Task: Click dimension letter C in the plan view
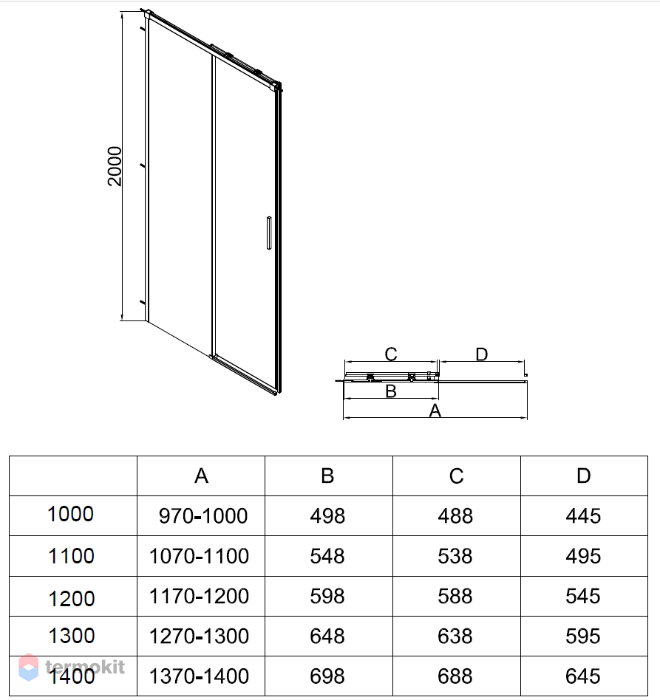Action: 391,354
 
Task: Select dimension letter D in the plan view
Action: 482,354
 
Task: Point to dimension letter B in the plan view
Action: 391,391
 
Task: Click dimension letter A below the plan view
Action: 435,411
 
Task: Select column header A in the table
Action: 201,476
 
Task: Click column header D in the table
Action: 583,476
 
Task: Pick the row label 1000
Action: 71,514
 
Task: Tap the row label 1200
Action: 71,597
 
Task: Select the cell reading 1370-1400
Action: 200,675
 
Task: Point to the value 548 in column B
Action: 327,555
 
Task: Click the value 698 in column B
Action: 327,675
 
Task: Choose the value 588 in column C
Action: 455,595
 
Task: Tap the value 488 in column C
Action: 455,516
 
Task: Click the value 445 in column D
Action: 583,516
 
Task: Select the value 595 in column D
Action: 583,636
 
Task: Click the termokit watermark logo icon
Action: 29,667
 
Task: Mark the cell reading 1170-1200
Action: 200,595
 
